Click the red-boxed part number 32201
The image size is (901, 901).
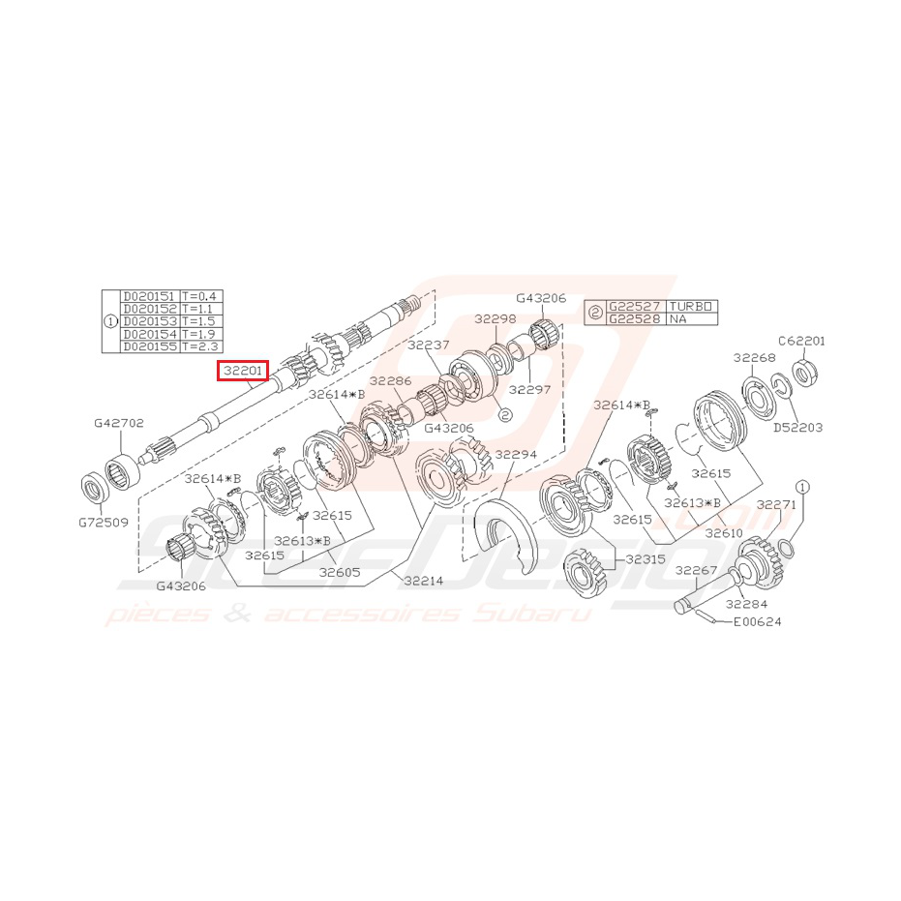click(x=242, y=370)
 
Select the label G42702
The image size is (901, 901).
click(x=119, y=423)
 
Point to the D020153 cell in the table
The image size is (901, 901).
click(x=149, y=320)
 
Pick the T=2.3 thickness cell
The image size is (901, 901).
click(x=201, y=345)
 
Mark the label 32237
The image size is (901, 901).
click(x=428, y=345)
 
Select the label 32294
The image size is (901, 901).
click(x=516, y=454)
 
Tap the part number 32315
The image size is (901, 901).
click(x=646, y=558)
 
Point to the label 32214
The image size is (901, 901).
click(x=424, y=581)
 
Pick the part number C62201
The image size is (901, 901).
click(x=801, y=341)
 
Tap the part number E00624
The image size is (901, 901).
click(x=757, y=621)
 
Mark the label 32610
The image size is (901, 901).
click(x=724, y=533)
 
